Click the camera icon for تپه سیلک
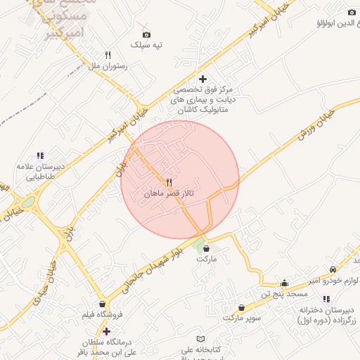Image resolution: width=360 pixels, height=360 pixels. tap(146, 34)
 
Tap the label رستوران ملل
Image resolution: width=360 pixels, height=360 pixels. tap(108, 66)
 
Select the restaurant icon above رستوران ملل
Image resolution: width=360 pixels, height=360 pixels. tap(108, 54)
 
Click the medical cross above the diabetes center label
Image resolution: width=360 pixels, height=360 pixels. tap(203, 79)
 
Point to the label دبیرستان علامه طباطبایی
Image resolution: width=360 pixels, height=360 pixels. tap(40, 172)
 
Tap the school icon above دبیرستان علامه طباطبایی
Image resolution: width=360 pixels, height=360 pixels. tap(40, 155)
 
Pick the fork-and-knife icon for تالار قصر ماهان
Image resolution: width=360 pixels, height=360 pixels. tap(169, 181)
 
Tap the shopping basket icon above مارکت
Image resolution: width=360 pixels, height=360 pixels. tap(205, 247)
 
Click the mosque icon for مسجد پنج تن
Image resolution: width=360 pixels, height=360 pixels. tap(284, 283)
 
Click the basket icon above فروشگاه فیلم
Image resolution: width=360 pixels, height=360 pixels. tap(103, 304)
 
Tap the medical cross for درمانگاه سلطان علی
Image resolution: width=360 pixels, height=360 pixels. tap(106, 330)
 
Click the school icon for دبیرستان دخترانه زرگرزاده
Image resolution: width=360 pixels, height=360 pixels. tap(326, 300)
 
